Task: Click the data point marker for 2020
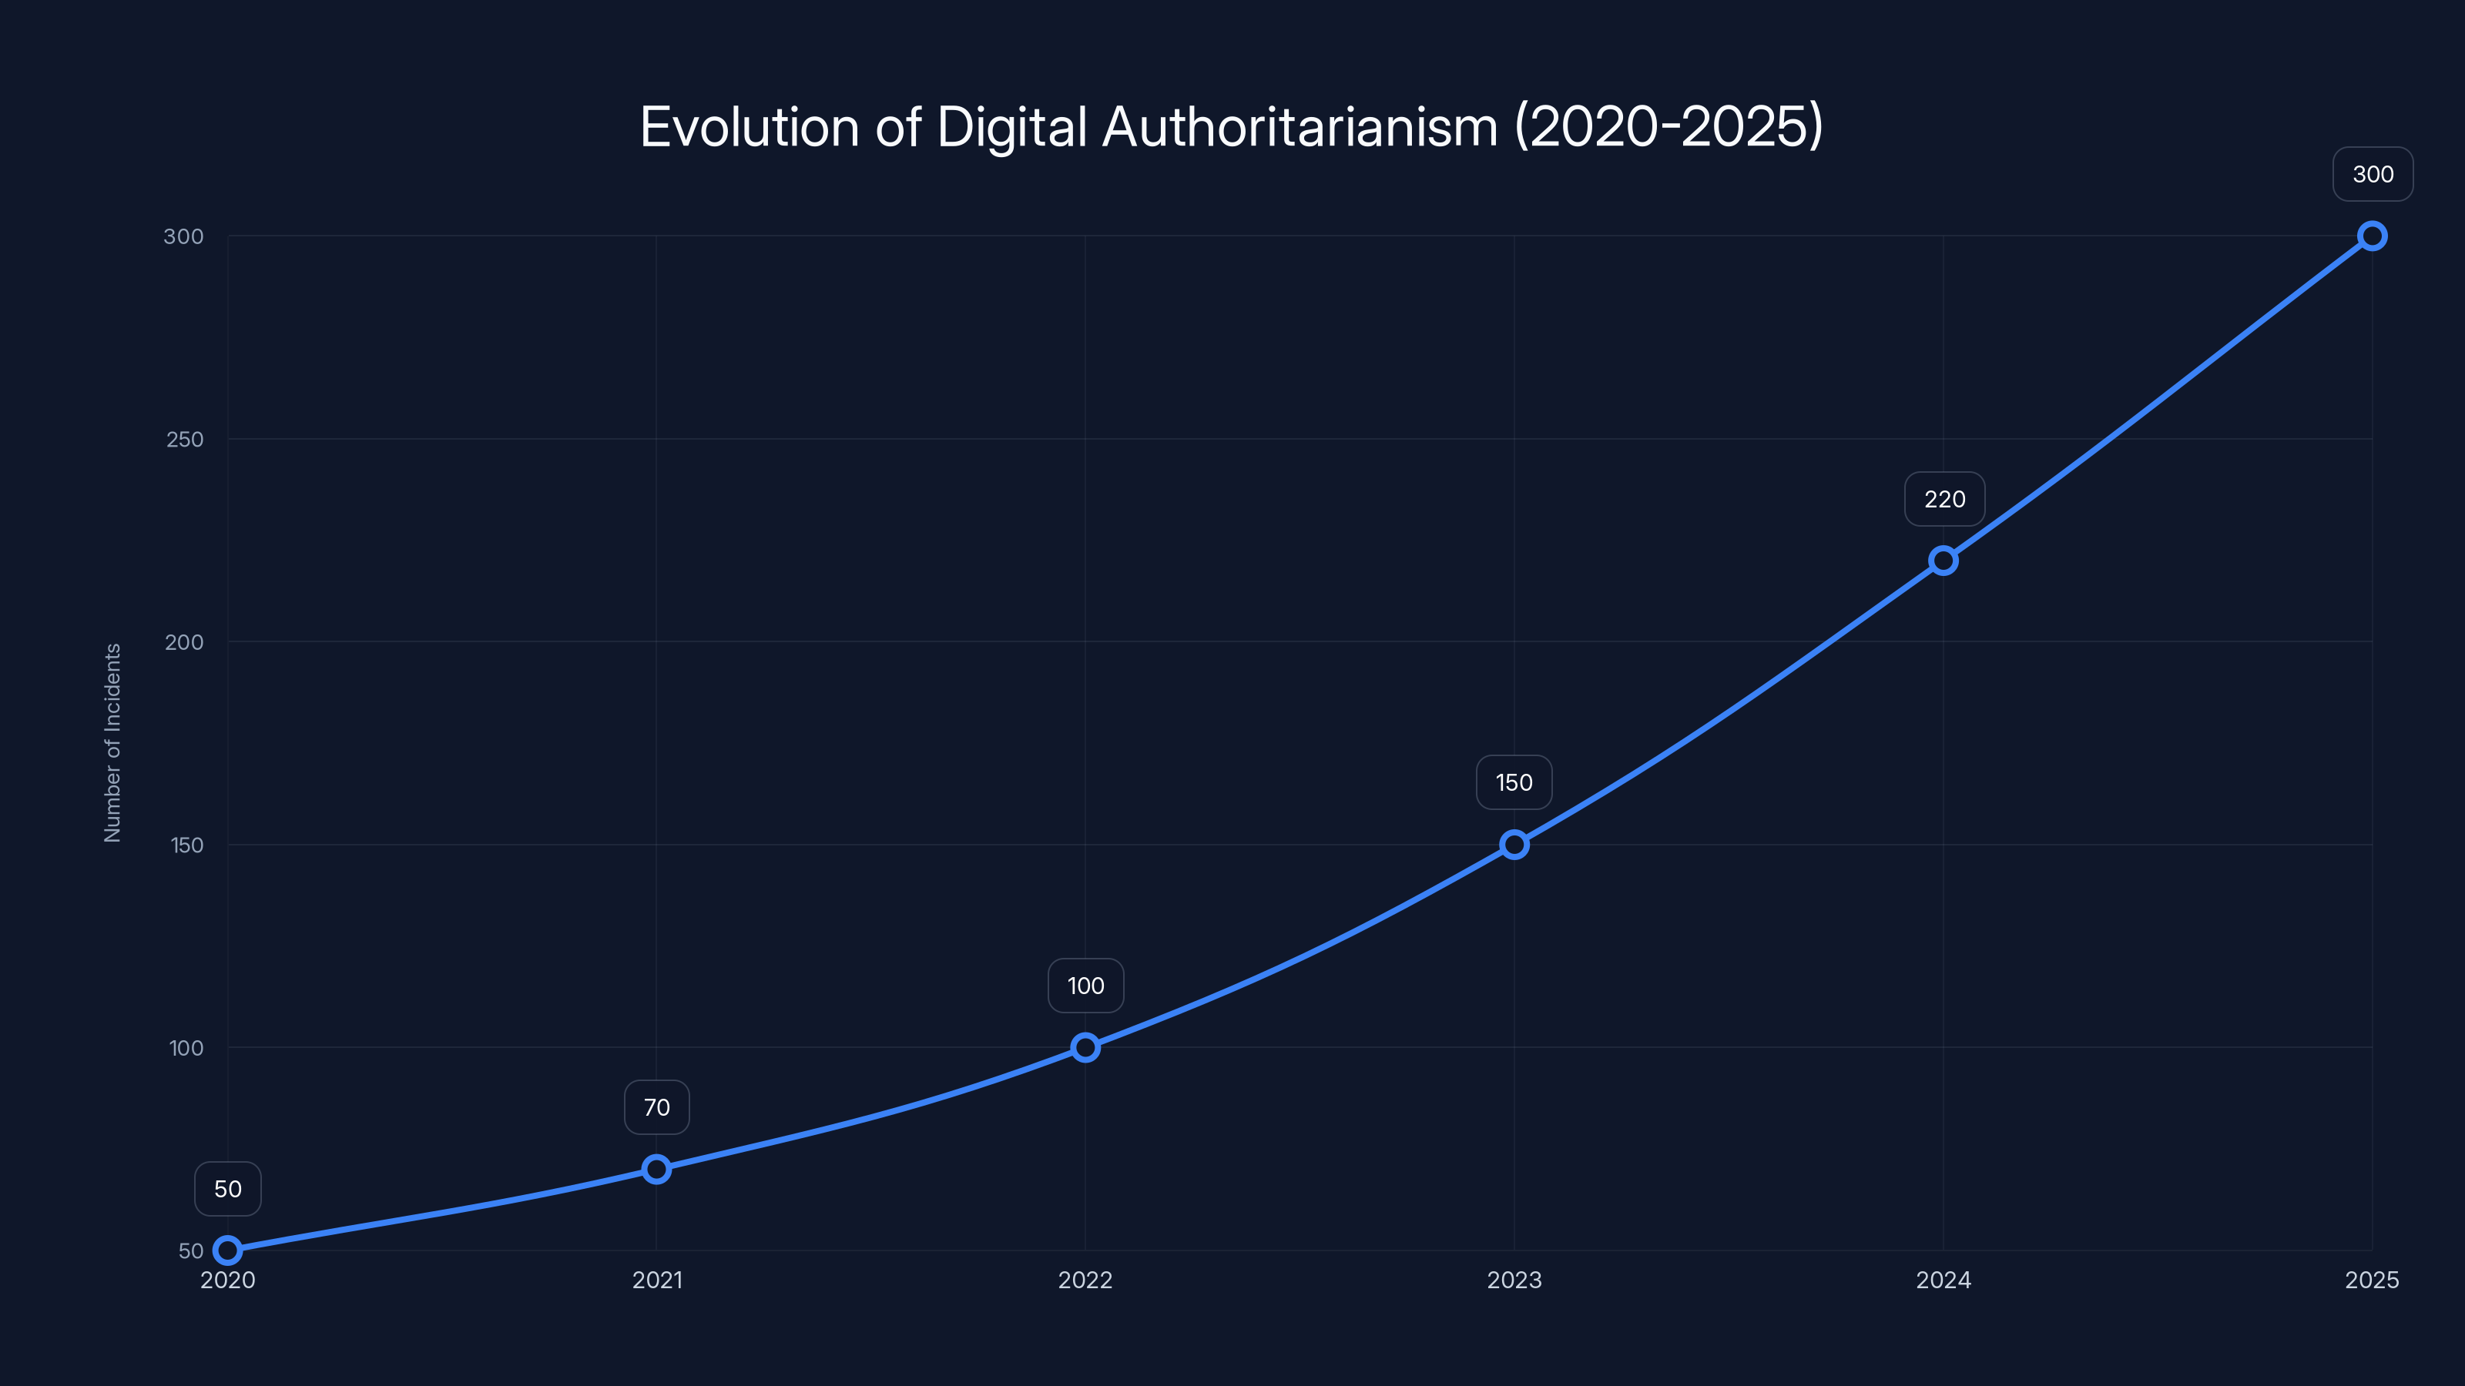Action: point(228,1250)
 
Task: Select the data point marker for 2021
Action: point(656,1169)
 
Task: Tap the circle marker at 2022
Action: point(1085,1047)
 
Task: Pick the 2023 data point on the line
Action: point(1514,845)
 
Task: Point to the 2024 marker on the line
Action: point(1943,561)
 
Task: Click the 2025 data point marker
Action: point(2373,236)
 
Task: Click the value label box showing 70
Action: point(656,1108)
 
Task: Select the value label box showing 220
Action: point(1944,499)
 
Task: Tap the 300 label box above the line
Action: point(2373,174)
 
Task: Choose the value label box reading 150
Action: point(1514,782)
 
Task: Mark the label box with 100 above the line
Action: point(1085,986)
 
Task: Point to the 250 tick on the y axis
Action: point(185,440)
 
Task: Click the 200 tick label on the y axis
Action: point(184,643)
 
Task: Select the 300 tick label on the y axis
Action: point(184,237)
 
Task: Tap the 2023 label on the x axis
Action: point(1514,1281)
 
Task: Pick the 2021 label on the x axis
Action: point(656,1281)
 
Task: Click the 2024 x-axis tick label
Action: point(1943,1281)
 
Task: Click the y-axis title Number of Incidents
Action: point(113,743)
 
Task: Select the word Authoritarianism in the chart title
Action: point(1300,127)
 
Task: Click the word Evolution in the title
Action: point(750,127)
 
